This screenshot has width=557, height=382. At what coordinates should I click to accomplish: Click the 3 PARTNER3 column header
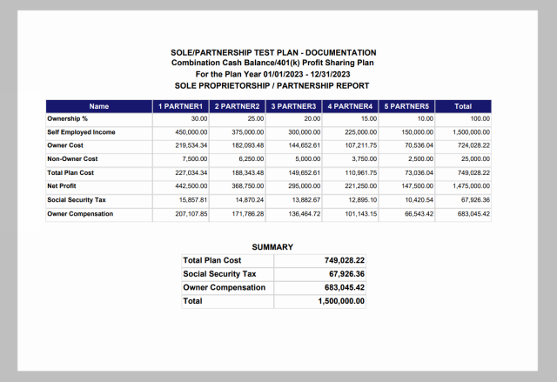pyautogui.click(x=294, y=106)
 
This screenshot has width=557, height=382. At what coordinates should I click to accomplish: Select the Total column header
pyautogui.click(x=463, y=106)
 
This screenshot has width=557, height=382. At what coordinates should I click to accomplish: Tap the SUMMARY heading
pyautogui.click(x=272, y=247)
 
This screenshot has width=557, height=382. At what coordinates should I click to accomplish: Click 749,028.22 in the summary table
pyautogui.click(x=341, y=260)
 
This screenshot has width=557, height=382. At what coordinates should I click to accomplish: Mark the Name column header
pyautogui.click(x=98, y=106)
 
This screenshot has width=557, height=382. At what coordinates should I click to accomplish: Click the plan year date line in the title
pyautogui.click(x=273, y=75)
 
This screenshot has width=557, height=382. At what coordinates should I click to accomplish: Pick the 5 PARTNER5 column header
pyautogui.click(x=407, y=106)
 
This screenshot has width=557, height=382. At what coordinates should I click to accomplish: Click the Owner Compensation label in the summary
pyautogui.click(x=224, y=287)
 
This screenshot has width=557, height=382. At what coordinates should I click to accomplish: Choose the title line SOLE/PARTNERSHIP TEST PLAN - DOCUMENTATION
pyautogui.click(x=273, y=53)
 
